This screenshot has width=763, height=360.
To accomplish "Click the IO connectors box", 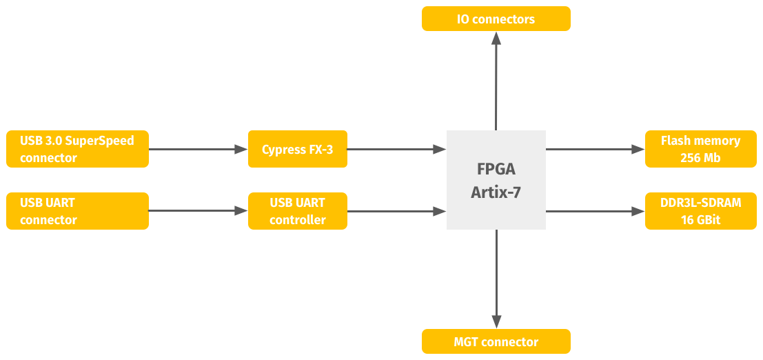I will click(x=496, y=19).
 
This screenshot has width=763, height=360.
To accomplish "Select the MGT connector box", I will click(x=496, y=341).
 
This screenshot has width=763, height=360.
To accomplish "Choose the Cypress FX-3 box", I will click(x=297, y=149).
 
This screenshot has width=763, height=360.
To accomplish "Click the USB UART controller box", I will click(x=297, y=211).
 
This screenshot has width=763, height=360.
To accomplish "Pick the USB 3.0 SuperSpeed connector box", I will click(x=77, y=149).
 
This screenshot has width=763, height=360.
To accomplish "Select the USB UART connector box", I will click(x=77, y=211).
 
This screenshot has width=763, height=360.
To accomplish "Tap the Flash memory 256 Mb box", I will click(x=700, y=149).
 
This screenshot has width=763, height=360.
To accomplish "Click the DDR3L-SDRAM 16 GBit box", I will click(x=700, y=211).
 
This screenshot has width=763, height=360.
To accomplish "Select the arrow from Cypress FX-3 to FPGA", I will click(x=397, y=149).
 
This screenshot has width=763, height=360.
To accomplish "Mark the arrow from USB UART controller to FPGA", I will click(x=397, y=211).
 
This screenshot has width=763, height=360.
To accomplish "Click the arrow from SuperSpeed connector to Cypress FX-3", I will click(x=199, y=149).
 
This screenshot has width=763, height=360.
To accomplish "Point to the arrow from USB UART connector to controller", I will click(x=199, y=211).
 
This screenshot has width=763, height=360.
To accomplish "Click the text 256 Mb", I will click(x=700, y=158).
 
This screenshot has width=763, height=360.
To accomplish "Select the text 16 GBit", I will click(x=700, y=220).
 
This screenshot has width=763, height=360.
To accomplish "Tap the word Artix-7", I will click(x=496, y=192).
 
